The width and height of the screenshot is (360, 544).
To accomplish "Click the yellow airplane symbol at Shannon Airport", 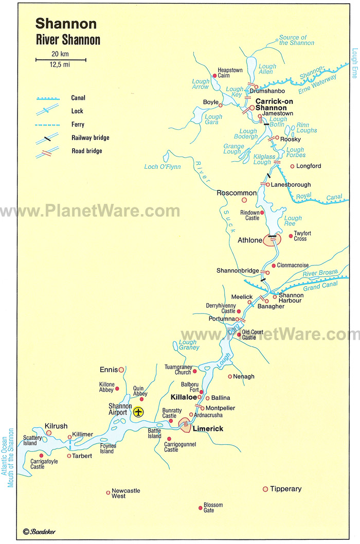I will (138, 412).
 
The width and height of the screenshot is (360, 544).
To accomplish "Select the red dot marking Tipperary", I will (265, 489).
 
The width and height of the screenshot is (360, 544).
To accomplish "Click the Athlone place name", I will (250, 240).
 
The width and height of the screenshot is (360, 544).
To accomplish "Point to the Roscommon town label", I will (237, 193).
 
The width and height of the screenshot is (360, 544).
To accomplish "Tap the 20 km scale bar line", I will (61, 60).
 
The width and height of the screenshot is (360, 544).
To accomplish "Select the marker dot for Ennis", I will (121, 370).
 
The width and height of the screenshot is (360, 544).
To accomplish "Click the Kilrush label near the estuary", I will (56, 426).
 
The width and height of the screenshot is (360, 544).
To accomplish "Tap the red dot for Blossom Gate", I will (201, 507).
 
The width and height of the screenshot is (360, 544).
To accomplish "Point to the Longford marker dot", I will (292, 166).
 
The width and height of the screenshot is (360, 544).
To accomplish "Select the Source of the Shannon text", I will (293, 40).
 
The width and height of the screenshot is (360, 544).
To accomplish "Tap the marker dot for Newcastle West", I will (108, 493).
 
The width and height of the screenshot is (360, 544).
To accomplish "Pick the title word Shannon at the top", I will (66, 24).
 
